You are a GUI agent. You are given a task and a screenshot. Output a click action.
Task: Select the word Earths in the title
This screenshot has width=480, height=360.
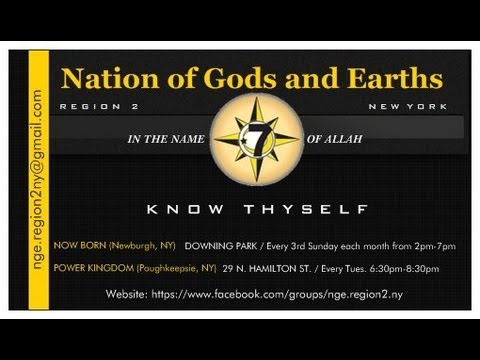click(x=390, y=79)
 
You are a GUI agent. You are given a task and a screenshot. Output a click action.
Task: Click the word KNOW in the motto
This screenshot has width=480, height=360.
click(x=185, y=210)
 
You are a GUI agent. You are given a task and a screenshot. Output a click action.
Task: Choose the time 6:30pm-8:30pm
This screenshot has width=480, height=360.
click(x=428, y=269)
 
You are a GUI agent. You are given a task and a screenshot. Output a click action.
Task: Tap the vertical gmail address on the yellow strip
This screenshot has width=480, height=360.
click(x=36, y=180)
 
